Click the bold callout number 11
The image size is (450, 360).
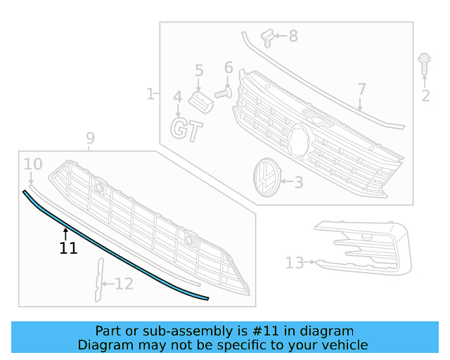coord(68,248)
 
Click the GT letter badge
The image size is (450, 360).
coord(187,130)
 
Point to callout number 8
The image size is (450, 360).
coord(292,36)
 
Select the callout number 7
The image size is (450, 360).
coord(361,89)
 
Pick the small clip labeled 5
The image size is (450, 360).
coord(202,101)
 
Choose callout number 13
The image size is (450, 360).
coord(294,263)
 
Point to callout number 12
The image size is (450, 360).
coord(123,284)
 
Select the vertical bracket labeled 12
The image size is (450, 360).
coord(98,280)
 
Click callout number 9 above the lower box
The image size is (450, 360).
coord(90,138)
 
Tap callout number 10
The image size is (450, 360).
coord(33,165)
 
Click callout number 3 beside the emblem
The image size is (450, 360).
coord(298,183)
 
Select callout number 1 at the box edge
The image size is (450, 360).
coord(150,94)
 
